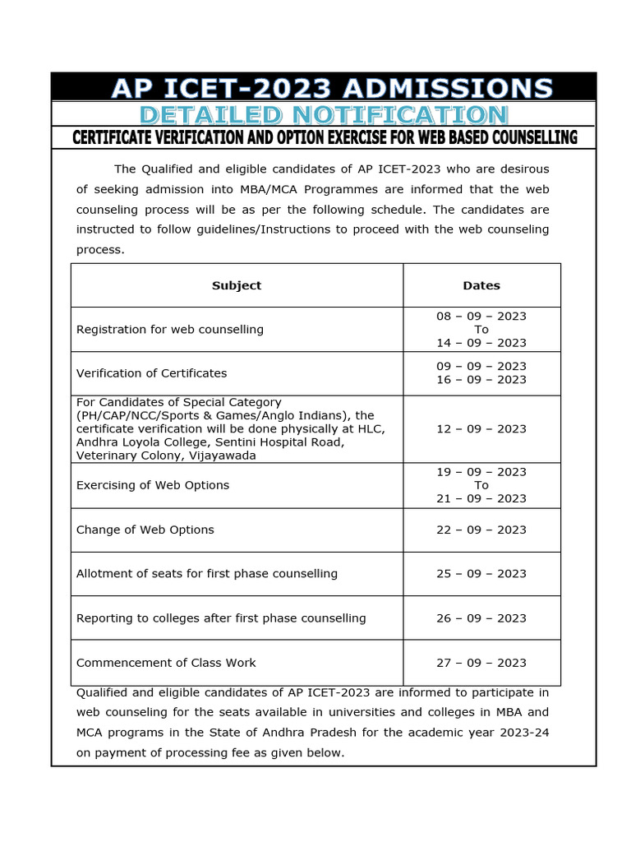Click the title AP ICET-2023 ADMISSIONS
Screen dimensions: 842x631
click(332, 88)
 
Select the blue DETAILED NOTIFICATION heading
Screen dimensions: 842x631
click(324, 115)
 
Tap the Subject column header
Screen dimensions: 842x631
click(237, 285)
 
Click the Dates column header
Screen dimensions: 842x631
click(481, 285)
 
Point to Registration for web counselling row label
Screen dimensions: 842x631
click(170, 330)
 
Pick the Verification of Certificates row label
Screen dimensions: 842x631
click(151, 373)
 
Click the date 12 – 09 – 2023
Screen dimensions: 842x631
click(481, 429)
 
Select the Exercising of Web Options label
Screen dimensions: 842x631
click(153, 485)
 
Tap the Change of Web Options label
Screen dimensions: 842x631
click(145, 530)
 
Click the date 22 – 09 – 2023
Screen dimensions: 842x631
click(481, 530)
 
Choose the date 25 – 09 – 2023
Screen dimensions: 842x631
click(481, 574)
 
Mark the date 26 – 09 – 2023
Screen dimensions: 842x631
click(481, 618)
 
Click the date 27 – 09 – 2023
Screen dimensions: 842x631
click(481, 663)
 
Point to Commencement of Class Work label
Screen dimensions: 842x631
click(166, 663)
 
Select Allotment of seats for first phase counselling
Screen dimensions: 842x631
click(207, 574)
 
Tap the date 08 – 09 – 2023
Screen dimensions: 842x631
click(481, 317)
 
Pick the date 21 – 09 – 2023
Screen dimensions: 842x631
click(481, 498)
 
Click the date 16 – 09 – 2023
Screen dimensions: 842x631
click(481, 380)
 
